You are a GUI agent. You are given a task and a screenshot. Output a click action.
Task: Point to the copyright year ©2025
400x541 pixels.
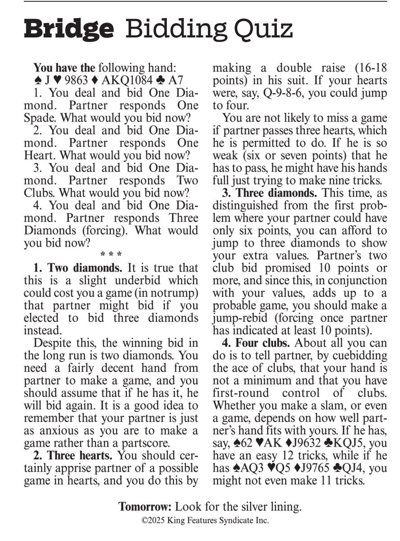click(153, 520)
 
